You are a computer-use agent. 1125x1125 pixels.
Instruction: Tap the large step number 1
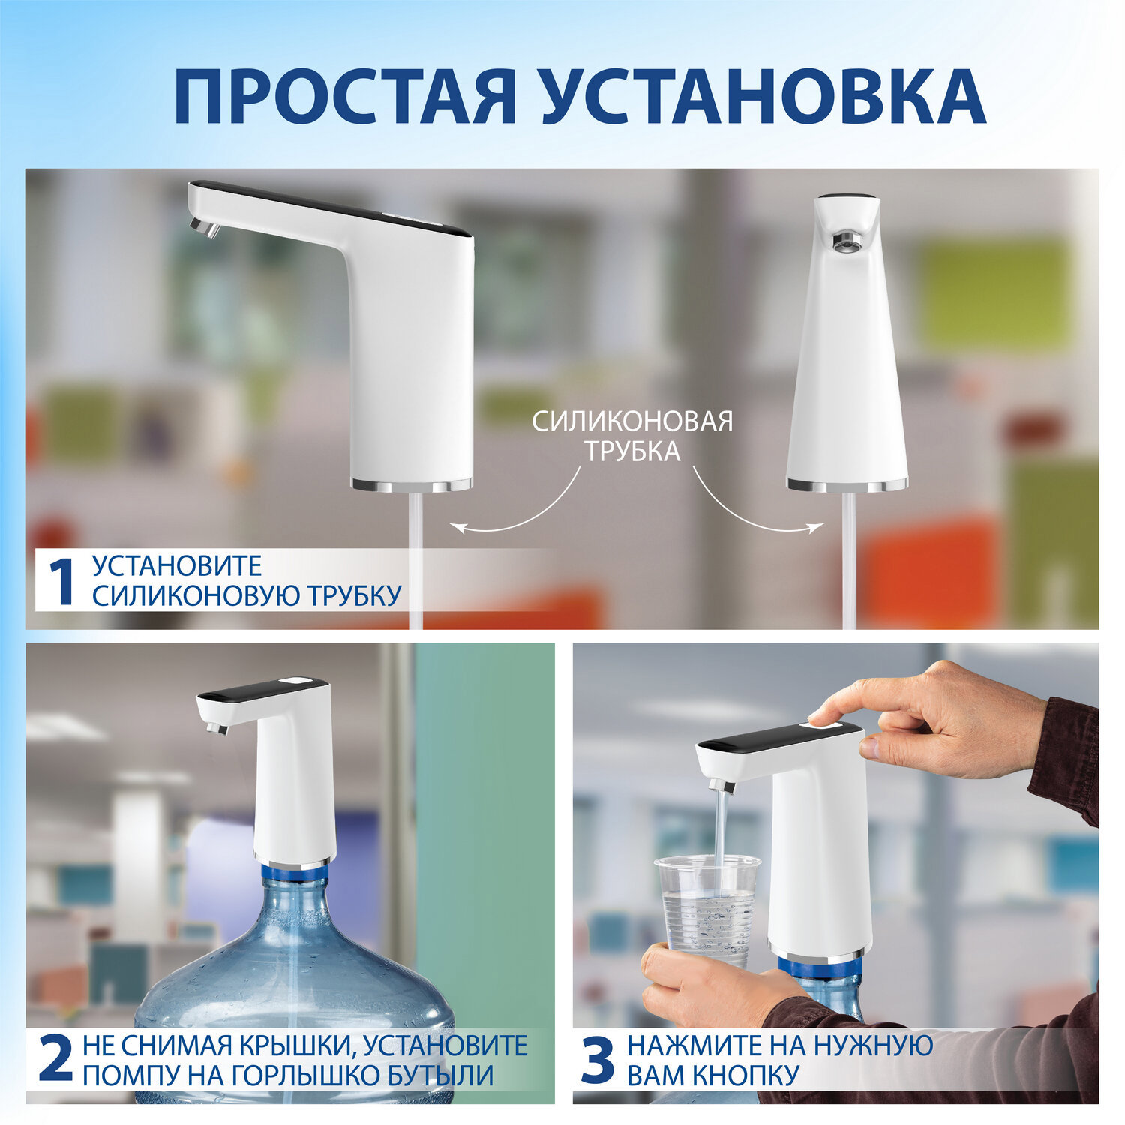[61, 581]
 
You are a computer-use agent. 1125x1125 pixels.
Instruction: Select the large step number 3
[598, 1060]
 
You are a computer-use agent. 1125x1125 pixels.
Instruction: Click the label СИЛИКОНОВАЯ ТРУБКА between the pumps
[632, 436]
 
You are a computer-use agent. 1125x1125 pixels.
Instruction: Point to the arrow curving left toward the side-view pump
[517, 510]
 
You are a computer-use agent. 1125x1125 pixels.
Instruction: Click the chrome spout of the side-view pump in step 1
[205, 226]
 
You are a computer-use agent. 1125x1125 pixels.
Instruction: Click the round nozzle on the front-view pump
[847, 240]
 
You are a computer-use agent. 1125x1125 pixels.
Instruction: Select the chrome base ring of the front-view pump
[847, 485]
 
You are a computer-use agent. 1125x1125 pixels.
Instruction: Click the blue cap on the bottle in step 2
[295, 873]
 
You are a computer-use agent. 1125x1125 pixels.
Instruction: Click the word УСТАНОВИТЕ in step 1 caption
[177, 565]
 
